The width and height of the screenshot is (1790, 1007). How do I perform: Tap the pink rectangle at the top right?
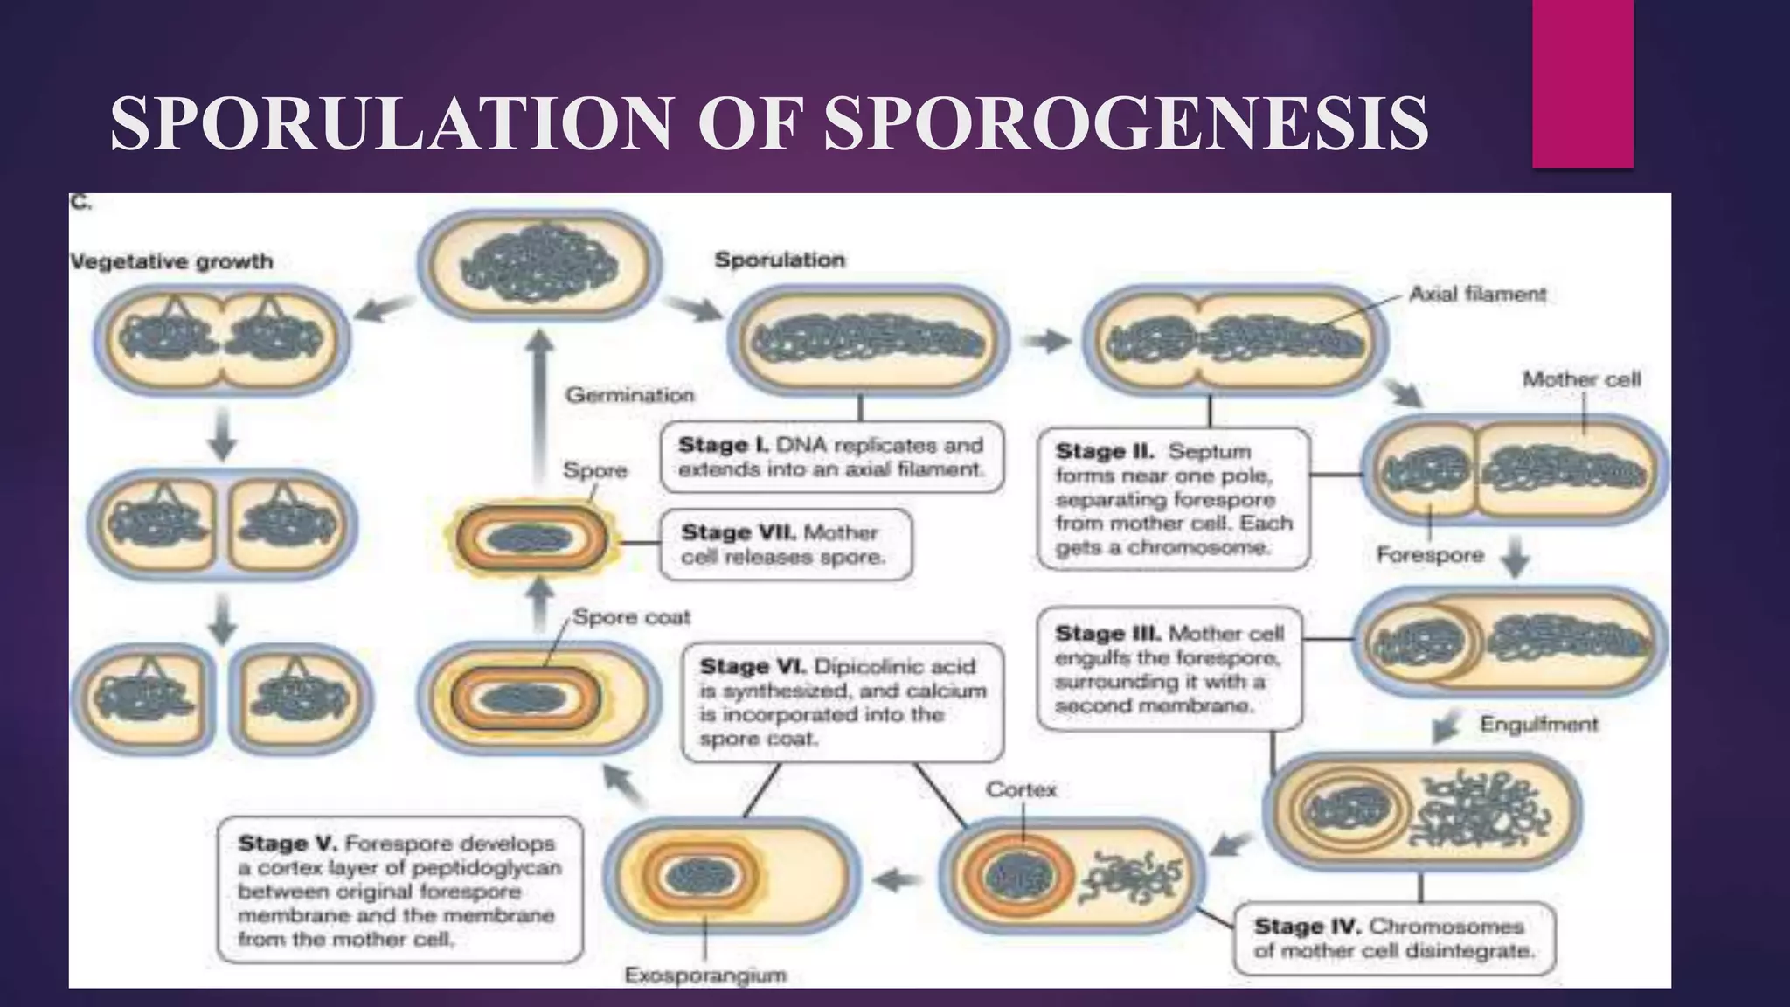[x=1582, y=84]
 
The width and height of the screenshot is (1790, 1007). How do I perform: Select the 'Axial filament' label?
[x=1477, y=295]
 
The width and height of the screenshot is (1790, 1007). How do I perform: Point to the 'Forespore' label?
[x=1430, y=555]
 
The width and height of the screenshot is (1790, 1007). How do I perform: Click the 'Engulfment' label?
[x=1538, y=725]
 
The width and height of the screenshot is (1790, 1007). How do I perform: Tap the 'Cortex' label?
[x=1021, y=790]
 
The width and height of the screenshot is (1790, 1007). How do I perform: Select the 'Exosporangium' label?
[x=705, y=976]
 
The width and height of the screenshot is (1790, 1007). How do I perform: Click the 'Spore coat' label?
[x=631, y=618]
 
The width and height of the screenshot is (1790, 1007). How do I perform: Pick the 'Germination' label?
[x=629, y=395]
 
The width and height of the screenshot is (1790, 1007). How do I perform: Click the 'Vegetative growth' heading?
[x=171, y=261]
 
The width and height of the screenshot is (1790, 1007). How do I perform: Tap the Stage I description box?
[x=831, y=457]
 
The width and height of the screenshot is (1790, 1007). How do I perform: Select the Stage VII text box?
[x=784, y=545]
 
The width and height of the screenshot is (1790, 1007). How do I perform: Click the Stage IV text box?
[x=1393, y=939]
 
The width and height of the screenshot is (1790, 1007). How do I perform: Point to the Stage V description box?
[x=399, y=891]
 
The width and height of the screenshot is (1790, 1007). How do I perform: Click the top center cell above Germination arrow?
[x=539, y=263]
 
